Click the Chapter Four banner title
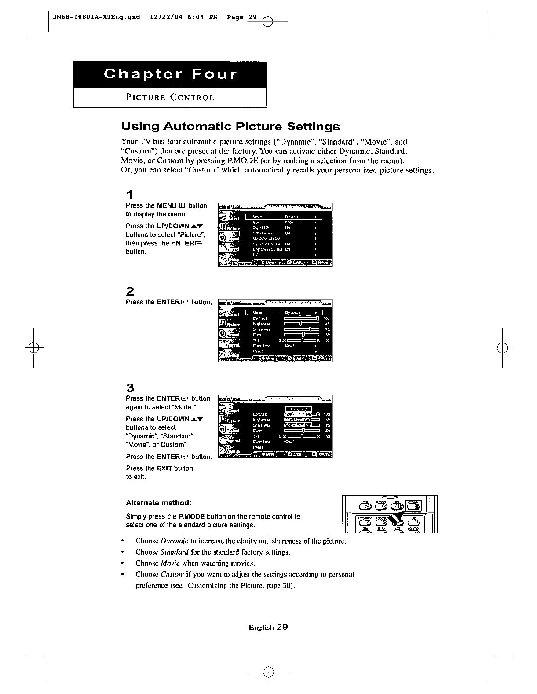click(170, 74)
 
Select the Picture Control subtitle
click(170, 98)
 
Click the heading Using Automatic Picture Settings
click(230, 127)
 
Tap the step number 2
click(130, 291)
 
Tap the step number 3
click(130, 387)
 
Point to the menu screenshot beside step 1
click(275, 235)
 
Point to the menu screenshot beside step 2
click(275, 331)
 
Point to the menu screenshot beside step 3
click(275, 427)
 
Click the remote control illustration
click(390, 514)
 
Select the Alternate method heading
click(159, 503)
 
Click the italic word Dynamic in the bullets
click(175, 541)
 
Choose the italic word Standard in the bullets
click(175, 552)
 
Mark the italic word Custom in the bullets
click(173, 574)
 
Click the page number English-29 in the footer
click(268, 628)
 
